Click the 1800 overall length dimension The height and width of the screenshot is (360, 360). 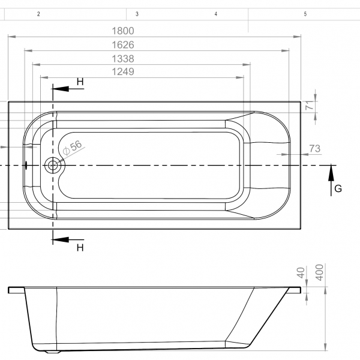click(123, 31)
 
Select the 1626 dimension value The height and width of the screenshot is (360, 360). click(123, 45)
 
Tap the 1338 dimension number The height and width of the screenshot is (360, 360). click(123, 59)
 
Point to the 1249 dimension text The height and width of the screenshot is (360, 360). click(123, 71)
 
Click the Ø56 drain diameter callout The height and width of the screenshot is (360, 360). click(73, 148)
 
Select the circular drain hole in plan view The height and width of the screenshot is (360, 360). click(53, 166)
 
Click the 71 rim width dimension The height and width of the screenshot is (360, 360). click(310, 106)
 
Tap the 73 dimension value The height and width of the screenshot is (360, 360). click(315, 149)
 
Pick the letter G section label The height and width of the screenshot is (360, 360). click(338, 189)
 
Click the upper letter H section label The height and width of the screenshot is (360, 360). click(80, 82)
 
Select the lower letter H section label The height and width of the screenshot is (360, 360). click(80, 248)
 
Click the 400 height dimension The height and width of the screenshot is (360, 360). click(320, 272)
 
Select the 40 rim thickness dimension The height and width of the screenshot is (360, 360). click(301, 273)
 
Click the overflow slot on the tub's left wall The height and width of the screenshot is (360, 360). click(26, 166)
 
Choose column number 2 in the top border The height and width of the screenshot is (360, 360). click(38, 14)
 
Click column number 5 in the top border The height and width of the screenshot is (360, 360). click(305, 14)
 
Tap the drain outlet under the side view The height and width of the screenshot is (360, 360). click(53, 352)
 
